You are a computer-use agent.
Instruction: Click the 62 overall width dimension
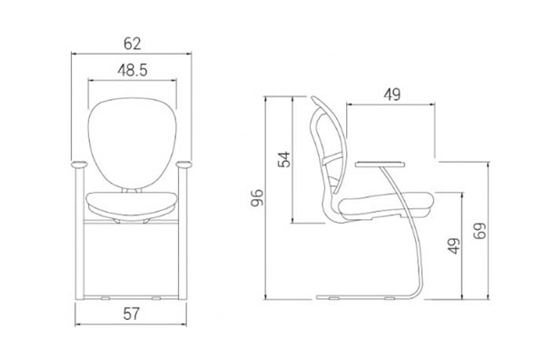pos(132,44)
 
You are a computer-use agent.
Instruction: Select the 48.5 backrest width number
pos(133,70)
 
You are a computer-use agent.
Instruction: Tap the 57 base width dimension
pos(131,314)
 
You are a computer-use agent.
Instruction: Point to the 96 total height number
pos(258,198)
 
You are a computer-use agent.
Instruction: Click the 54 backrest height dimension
pos(284,160)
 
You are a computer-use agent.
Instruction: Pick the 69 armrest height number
pos(480,231)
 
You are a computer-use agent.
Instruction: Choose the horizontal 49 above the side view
pos(391,95)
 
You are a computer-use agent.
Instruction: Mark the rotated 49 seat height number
pos(453,246)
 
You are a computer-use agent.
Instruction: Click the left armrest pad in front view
pos(80,165)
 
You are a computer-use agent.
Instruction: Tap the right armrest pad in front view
pos(183,165)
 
